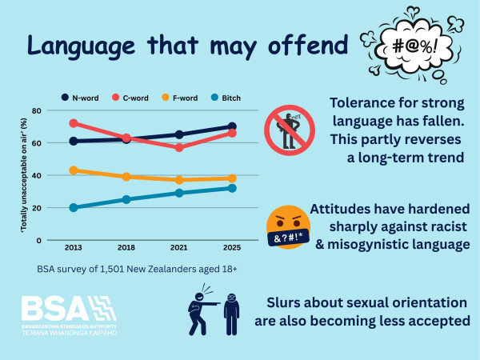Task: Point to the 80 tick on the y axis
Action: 58,110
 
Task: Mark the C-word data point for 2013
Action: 73,123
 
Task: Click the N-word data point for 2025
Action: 232,126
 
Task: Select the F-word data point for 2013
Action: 73,170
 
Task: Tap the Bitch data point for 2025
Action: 232,188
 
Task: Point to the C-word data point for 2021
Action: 178,147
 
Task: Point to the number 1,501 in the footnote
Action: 114,270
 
